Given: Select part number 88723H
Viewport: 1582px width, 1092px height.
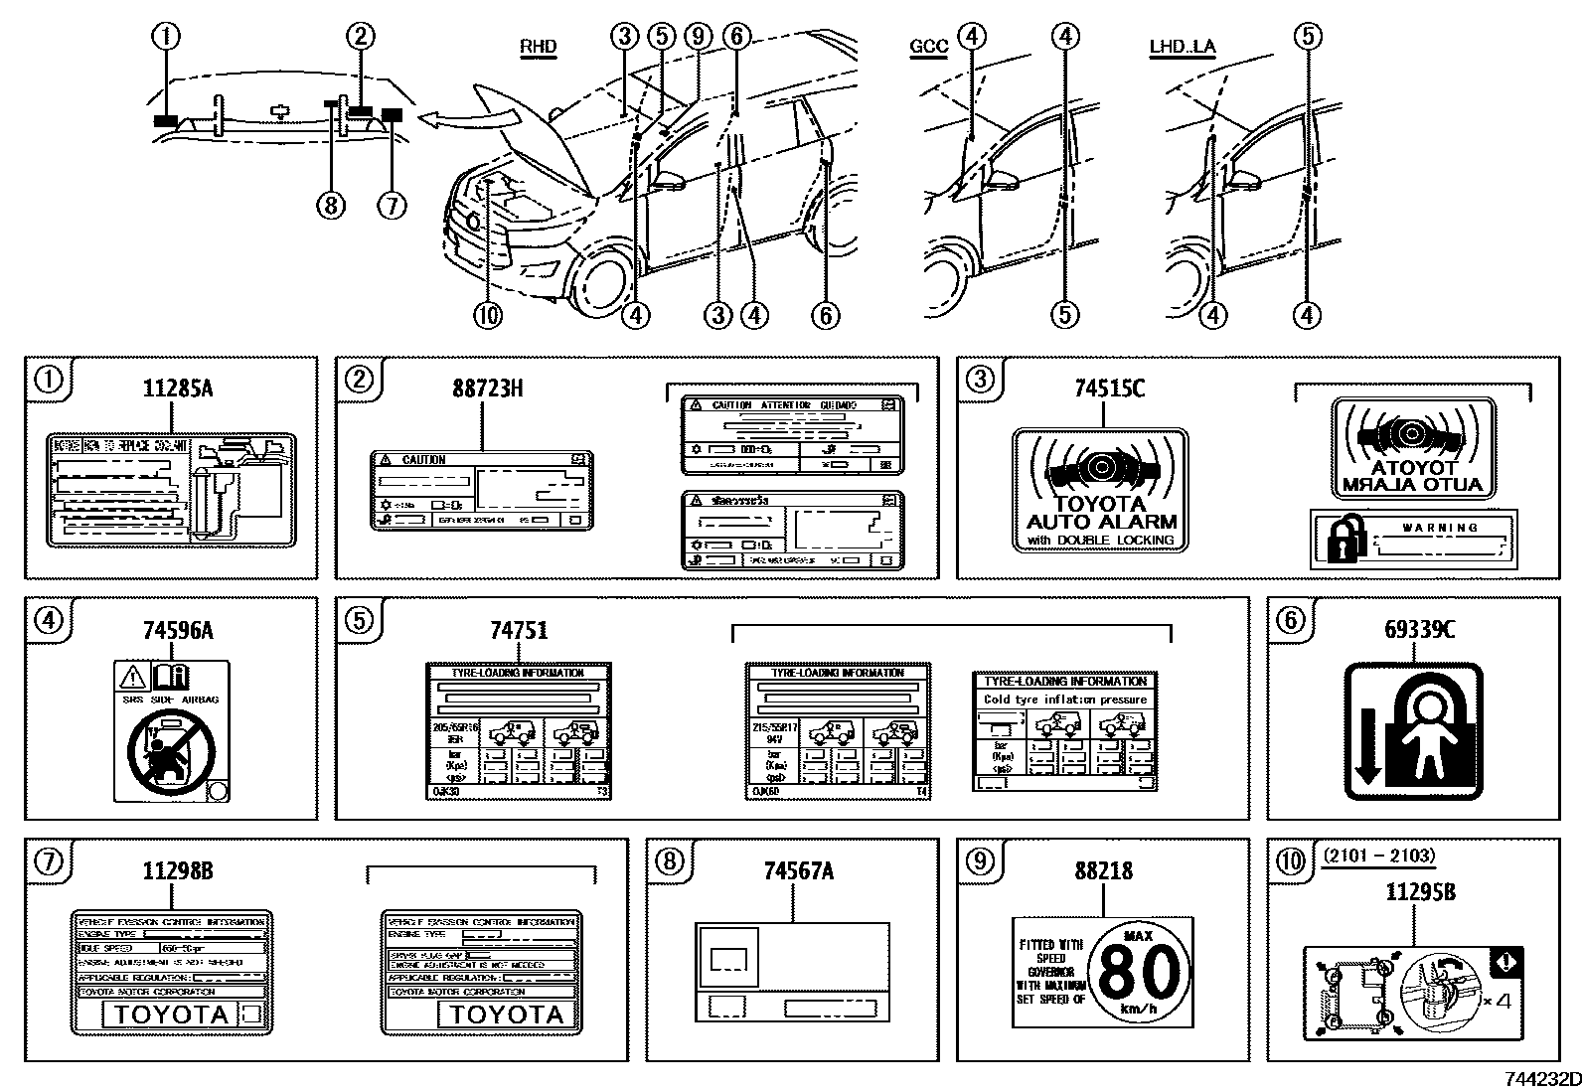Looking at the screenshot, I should (487, 389).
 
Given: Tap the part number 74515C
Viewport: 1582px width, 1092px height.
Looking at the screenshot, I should (1108, 389).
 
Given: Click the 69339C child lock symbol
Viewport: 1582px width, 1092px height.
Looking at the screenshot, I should (1412, 732).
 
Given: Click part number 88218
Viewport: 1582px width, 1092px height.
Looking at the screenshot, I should (1102, 870).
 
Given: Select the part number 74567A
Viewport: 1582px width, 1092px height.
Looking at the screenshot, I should (798, 870).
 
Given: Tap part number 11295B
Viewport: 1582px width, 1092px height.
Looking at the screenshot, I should (1420, 892).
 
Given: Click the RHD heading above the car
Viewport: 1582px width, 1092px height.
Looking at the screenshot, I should (538, 47).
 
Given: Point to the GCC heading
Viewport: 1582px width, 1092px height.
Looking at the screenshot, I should (928, 47).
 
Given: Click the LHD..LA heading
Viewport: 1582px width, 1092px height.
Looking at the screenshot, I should (1182, 47).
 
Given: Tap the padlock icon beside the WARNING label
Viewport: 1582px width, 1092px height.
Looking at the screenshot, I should (1342, 540).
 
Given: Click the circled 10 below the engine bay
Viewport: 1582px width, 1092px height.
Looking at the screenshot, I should (488, 316).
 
